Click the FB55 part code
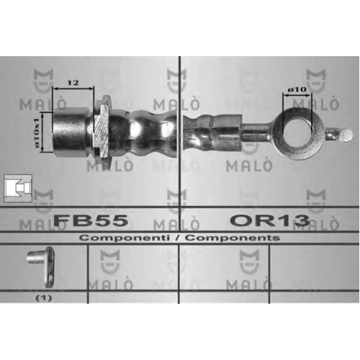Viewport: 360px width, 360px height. pos(91,220)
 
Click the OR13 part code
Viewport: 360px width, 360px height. pos(270,220)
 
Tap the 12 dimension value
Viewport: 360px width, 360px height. pos(73,83)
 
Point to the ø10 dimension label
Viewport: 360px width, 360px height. pos(297,90)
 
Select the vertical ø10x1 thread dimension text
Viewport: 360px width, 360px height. pos(37,132)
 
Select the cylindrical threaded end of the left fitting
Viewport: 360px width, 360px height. pos(71,132)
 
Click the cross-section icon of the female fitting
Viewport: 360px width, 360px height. pos(18,189)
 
